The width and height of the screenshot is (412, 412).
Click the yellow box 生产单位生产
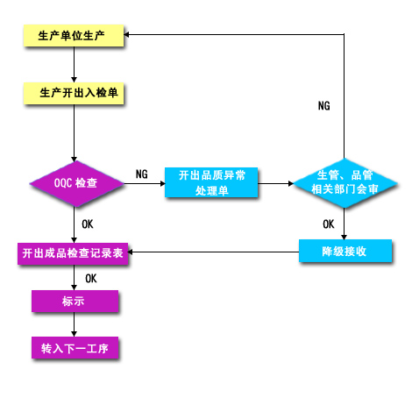pos(74,35)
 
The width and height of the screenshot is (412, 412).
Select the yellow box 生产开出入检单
pos(74,93)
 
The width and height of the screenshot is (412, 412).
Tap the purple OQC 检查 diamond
pos(76,183)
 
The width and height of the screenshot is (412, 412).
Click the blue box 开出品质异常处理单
pos(211,182)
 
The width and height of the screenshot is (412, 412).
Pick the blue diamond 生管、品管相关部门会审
pos(345,183)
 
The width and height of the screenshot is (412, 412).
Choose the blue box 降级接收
pos(345,251)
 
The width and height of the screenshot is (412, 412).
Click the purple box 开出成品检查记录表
pos(73,253)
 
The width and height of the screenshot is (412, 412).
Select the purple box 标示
pos(75,301)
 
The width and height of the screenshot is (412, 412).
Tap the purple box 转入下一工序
pos(75,348)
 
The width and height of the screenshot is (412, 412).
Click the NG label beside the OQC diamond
pos(142,174)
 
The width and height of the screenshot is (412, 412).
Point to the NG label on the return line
pos(324,106)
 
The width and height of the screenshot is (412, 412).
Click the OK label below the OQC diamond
pos(88,224)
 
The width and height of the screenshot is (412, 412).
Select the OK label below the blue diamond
pos(329,224)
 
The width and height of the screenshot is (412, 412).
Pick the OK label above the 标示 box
pos(91,279)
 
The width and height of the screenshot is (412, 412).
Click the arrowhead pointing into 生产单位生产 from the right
pos(126,34)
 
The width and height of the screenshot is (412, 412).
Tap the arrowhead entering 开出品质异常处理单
pos(162,183)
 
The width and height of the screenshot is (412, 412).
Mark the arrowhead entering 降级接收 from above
pos(344,237)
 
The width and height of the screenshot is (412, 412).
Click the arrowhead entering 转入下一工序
pos(74,334)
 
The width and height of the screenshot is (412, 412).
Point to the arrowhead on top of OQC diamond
pos(74,160)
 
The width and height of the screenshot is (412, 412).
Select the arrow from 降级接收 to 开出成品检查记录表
pos(213,252)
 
